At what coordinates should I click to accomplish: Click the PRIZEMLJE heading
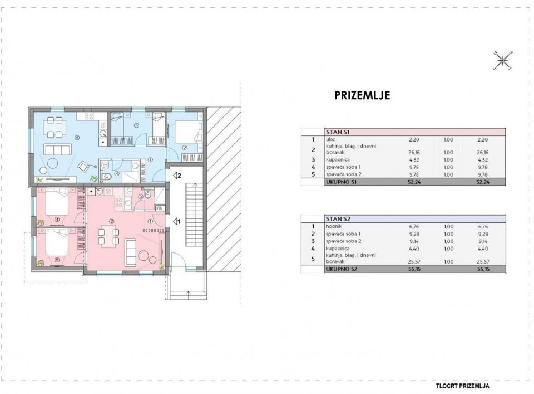click(x=362, y=95)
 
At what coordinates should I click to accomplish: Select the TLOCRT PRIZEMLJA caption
click(x=462, y=386)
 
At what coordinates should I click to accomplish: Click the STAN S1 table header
click(x=338, y=132)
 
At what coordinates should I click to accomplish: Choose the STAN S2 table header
click(x=338, y=219)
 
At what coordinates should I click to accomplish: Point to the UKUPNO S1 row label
click(x=341, y=182)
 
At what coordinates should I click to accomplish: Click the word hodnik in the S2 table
click(x=334, y=226)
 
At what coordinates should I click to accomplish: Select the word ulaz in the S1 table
click(x=330, y=139)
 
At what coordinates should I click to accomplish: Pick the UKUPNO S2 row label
click(x=341, y=269)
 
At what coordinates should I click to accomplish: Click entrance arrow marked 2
click(x=177, y=176)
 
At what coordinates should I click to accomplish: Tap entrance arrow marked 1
click(x=176, y=222)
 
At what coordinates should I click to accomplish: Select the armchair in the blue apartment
click(x=84, y=166)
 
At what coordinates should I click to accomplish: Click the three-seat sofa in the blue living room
click(x=57, y=149)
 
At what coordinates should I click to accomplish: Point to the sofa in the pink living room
click(x=130, y=252)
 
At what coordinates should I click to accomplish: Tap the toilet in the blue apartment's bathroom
click(x=107, y=176)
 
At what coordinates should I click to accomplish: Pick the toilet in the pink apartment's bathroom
click(x=148, y=194)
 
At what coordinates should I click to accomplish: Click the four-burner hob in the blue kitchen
click(x=89, y=116)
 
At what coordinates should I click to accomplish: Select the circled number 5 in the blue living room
click(x=77, y=138)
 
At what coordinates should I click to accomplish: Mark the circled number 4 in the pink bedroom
click(x=57, y=220)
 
